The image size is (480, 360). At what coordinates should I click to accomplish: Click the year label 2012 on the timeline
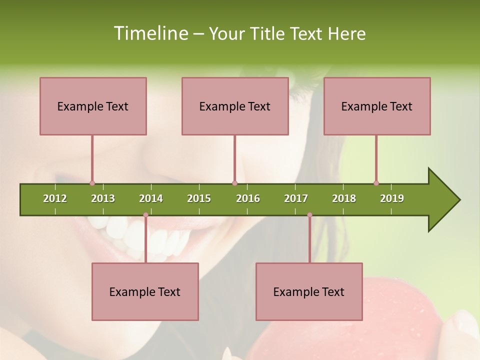(55, 198)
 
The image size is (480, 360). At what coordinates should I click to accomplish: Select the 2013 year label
(103, 198)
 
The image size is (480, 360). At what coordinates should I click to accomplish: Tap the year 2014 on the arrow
(151, 198)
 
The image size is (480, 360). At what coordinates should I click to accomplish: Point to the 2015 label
(199, 198)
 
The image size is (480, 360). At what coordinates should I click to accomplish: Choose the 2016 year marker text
(248, 198)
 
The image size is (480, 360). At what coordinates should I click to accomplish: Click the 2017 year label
(296, 198)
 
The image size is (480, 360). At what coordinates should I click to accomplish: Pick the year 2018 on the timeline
(344, 198)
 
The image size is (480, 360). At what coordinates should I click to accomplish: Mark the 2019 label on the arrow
(392, 198)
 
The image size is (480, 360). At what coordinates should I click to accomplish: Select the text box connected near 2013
(93, 106)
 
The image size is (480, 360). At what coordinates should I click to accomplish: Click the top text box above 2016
(235, 106)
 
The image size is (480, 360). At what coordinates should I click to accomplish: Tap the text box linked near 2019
(377, 106)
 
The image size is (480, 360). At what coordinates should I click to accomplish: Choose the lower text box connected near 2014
(145, 291)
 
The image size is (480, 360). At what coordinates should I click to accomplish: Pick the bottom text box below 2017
(309, 291)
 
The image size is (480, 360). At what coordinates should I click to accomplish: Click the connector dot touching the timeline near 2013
(92, 183)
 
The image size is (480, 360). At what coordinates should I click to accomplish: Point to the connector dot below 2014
(145, 215)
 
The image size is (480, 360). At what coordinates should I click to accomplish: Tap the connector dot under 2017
(309, 215)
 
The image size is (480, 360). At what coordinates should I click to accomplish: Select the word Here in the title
(346, 33)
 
